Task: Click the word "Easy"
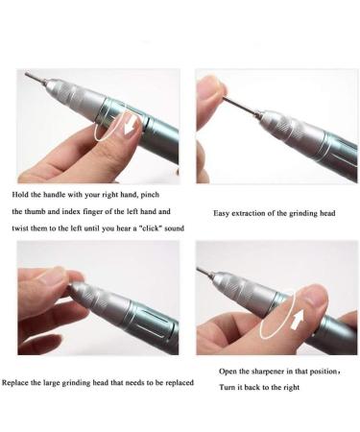click(222, 212)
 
